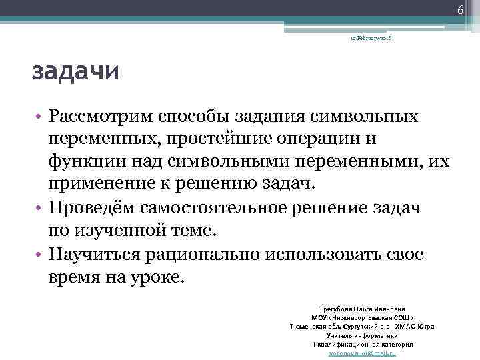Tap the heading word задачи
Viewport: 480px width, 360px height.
[x=76, y=71]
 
